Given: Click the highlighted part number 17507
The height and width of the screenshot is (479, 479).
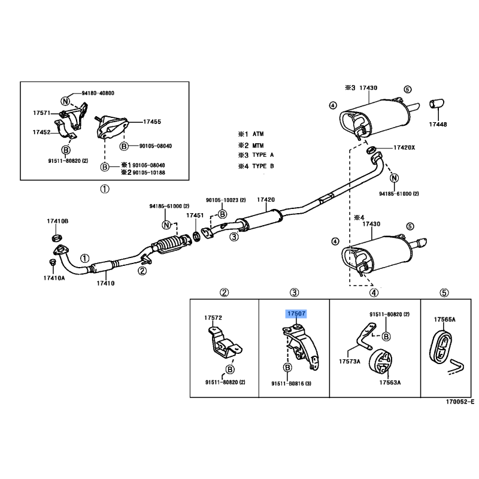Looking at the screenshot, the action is (296, 313).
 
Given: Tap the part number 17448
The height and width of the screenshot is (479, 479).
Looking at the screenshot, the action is (438, 125).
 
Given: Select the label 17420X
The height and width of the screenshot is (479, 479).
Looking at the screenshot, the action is (404, 147).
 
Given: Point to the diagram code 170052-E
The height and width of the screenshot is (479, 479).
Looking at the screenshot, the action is (460, 402).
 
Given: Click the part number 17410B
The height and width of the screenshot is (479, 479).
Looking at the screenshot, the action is (57, 221).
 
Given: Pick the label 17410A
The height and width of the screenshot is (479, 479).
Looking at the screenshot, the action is (54, 278).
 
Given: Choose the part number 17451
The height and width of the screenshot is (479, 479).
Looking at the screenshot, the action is (195, 216).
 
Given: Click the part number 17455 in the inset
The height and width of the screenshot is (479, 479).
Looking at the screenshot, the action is (152, 122).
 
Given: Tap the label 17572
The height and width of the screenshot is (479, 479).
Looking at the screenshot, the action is (213, 318).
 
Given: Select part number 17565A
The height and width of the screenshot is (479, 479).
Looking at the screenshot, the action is (444, 320).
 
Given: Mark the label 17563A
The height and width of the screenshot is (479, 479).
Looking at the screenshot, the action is (390, 382).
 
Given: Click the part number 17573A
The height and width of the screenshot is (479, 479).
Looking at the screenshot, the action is (350, 362).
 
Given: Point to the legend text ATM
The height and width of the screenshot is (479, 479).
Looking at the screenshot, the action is (258, 134).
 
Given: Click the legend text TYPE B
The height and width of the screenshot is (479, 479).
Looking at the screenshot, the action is (263, 166).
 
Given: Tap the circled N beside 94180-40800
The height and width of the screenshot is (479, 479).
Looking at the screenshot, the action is (65, 101).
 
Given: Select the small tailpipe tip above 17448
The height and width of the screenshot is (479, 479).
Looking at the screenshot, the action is (437, 104).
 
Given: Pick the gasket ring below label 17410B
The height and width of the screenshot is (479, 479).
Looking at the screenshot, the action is (56, 237).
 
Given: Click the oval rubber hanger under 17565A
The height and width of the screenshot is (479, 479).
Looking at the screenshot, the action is (441, 347).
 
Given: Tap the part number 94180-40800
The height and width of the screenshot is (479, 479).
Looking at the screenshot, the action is (98, 93).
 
